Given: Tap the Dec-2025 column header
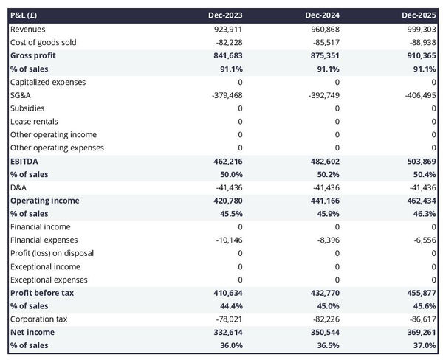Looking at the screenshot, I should coord(419,15).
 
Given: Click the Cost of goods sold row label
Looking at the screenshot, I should coord(43,42).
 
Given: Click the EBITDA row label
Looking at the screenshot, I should coord(24,161).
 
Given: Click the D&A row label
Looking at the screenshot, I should coord(18,187).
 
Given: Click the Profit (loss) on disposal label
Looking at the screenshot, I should coord(52,253).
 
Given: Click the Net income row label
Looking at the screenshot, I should coord(32,332).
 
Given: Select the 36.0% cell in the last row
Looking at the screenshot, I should coord(230,345).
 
